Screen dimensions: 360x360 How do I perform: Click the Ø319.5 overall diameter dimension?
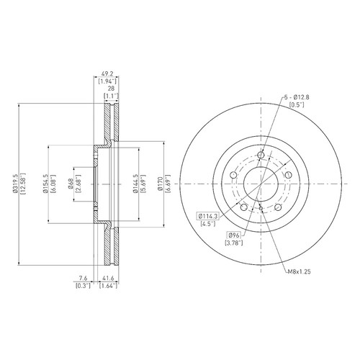click(x=16, y=184)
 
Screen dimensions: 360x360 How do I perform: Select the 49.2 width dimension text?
click(x=107, y=73)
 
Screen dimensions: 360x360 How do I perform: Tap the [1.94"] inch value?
click(x=107, y=81)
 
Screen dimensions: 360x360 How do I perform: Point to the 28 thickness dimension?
click(x=111, y=89)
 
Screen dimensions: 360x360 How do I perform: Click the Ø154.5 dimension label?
click(x=45, y=184)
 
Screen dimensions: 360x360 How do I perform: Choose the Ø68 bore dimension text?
click(x=71, y=184)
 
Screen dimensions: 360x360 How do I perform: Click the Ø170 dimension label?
click(x=161, y=184)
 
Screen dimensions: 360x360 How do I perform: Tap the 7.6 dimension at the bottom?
click(x=83, y=278)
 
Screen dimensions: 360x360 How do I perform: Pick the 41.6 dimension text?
click(x=109, y=278)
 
